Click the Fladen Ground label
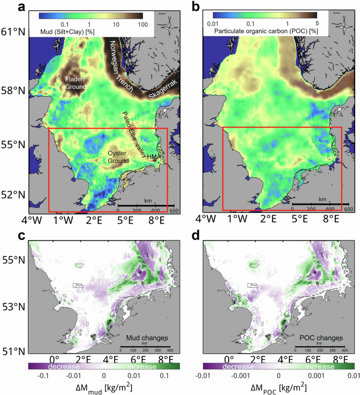pos(75,83)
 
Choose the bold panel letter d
pos(196,236)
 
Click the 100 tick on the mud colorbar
pos(141,25)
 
